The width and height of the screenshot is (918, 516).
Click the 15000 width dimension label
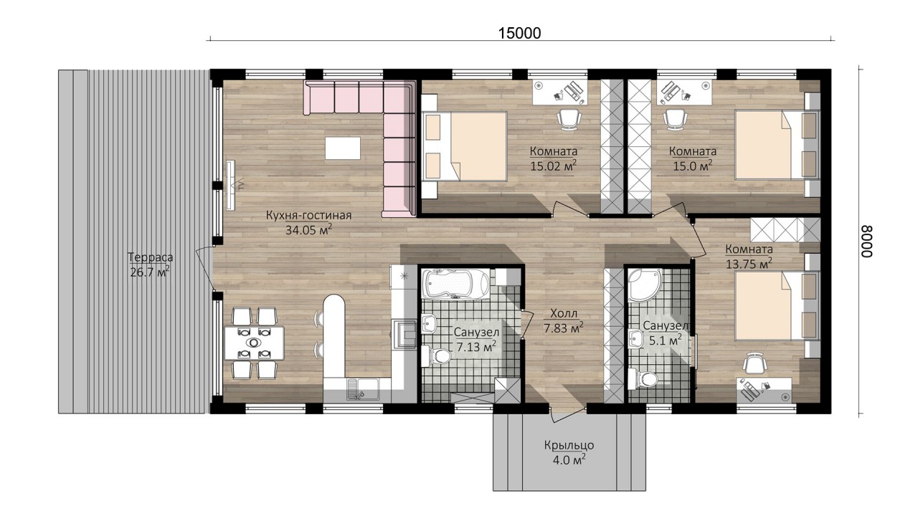point(519,33)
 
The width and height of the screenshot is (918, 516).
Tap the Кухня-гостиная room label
point(308,216)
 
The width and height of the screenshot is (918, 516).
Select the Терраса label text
point(150,257)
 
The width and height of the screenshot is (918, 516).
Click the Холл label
point(564,314)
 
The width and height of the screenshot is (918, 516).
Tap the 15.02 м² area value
point(554,166)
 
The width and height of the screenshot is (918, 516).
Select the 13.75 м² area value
point(749,263)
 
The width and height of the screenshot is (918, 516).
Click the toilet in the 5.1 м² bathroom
point(644,379)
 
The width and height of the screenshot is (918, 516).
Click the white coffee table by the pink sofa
point(343,148)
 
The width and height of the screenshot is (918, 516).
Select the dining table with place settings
point(254,343)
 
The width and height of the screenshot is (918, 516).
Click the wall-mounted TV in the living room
point(232,185)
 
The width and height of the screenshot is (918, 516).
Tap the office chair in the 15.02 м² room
point(569,119)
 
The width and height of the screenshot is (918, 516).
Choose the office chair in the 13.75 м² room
point(756,363)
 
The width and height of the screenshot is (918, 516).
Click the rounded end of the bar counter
point(334,305)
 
